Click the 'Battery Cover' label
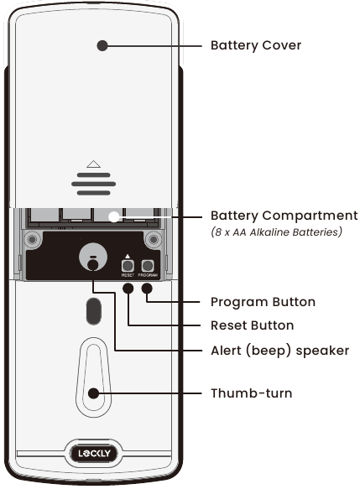coord(255,45)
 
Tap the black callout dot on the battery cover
coord(102,45)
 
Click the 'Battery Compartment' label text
coord(284,216)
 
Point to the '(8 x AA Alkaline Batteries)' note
coord(276,231)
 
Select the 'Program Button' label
coord(262,301)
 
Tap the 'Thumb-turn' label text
coord(251,392)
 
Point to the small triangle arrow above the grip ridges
coord(93,164)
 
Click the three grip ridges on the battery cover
coord(93,184)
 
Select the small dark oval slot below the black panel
coord(91,312)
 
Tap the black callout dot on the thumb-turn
coord(93,392)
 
